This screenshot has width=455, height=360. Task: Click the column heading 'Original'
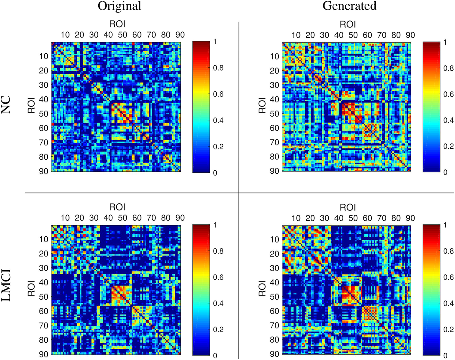pos(119,6)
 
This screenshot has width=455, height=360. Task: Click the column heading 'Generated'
pos(349,6)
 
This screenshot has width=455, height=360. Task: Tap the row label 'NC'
pos(6,105)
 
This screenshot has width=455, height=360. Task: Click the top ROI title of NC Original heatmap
pos(117,24)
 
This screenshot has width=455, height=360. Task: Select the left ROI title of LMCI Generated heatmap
pos(262,289)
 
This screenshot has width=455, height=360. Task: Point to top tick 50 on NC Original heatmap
pos(122,35)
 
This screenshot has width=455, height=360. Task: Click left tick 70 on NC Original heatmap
pos(44,142)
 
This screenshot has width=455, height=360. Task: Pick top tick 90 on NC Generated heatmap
pos(410,35)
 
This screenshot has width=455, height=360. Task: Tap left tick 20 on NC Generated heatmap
pos(274,71)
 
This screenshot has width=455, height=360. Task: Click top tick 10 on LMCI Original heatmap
pos(65,218)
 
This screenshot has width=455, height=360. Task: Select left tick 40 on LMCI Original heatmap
pos(44,283)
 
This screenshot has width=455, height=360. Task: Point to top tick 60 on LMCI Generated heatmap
pos(367,218)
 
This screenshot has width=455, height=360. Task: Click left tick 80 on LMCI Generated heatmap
pos(274,340)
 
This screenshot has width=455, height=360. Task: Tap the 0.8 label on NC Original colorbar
pos(218,68)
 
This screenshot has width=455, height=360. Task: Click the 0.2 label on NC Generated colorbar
pos(449,146)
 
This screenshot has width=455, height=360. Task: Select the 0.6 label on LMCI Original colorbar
pos(218,277)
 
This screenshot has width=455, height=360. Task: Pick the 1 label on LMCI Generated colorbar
pos(445,225)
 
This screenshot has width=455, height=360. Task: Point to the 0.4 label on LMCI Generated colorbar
pos(449,304)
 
